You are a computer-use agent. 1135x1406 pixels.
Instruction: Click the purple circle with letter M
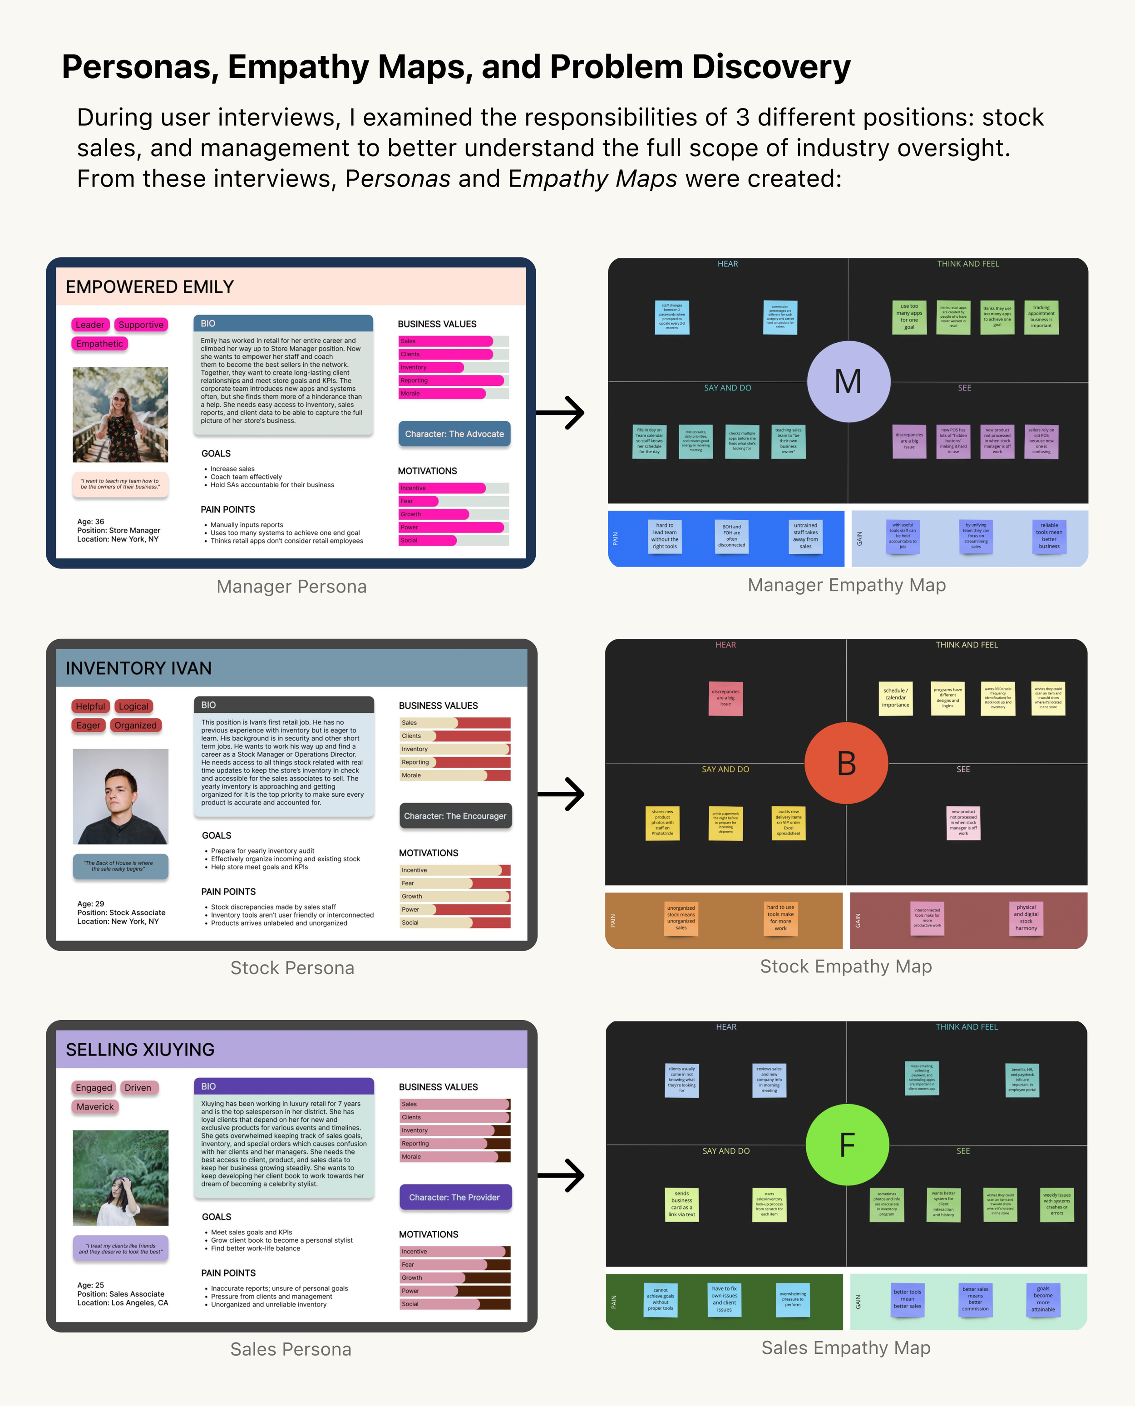[848, 382]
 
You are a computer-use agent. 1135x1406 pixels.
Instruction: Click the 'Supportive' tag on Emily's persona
[141, 325]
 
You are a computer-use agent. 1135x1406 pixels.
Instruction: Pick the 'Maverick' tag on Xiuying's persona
[95, 1107]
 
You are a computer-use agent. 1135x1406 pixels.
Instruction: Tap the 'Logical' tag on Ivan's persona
[133, 706]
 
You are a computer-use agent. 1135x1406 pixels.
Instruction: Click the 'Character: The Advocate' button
[454, 434]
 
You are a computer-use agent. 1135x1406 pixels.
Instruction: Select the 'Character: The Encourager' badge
[455, 816]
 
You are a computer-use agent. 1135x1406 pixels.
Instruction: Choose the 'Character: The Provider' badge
[454, 1198]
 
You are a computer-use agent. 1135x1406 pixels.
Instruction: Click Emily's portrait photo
[120, 414]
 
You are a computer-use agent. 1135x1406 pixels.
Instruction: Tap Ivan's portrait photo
[120, 796]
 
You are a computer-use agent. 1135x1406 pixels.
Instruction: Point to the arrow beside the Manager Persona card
[560, 413]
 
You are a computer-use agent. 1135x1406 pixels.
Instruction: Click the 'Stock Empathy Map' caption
[845, 966]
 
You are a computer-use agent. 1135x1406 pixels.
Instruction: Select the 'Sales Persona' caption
[291, 1349]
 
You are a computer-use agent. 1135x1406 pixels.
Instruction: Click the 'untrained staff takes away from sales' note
[805, 536]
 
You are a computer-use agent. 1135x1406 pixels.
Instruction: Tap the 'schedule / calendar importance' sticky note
[895, 698]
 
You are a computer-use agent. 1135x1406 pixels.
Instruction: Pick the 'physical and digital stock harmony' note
[1026, 918]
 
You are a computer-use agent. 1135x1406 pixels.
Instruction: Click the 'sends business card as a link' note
[681, 1204]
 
